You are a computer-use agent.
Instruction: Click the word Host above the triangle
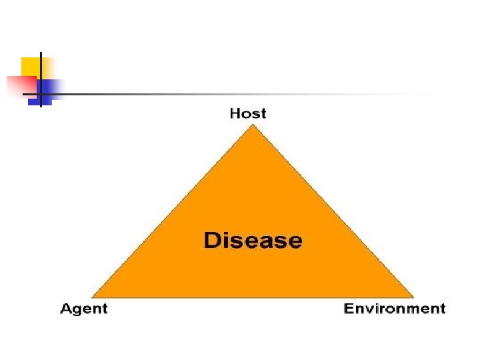pyautogui.click(x=247, y=113)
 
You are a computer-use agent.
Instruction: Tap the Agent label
pyautogui.click(x=84, y=308)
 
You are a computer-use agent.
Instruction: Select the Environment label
pyautogui.click(x=394, y=308)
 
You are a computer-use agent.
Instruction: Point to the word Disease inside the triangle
pyautogui.click(x=253, y=240)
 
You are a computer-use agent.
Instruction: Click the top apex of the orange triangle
pyautogui.click(x=252, y=127)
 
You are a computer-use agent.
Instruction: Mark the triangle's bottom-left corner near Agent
pyautogui.click(x=94, y=295)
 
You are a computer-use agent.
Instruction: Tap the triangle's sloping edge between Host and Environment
pyautogui.click(x=331, y=211)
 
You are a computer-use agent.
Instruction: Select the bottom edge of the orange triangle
pyautogui.click(x=252, y=296)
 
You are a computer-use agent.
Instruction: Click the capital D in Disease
pyautogui.click(x=212, y=240)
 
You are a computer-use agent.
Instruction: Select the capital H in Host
pyautogui.click(x=235, y=113)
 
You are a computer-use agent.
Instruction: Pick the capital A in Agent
pyautogui.click(x=67, y=308)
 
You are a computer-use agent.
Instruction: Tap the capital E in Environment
pyautogui.click(x=349, y=308)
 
